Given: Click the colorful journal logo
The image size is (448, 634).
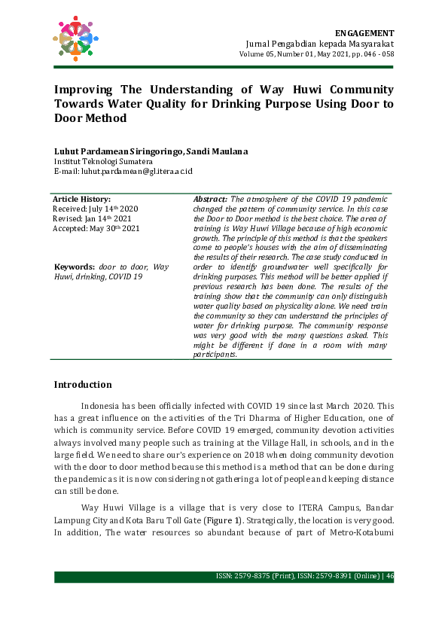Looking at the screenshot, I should pos(76,38).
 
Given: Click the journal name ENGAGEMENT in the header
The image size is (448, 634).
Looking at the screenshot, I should pos(364,34).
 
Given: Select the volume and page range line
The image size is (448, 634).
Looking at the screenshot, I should pos(316,55).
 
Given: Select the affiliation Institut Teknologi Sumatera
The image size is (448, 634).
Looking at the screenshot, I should pos(103,161).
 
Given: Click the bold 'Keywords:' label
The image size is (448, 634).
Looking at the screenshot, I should pos(75,267).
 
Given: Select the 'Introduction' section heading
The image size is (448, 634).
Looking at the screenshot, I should pos(83,385).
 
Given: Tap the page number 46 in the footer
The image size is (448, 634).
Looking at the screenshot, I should pos(389,577).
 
